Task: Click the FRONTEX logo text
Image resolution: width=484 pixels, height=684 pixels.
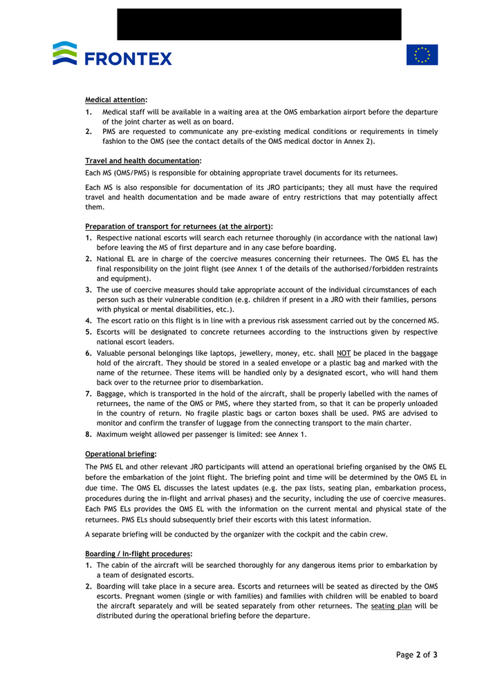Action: pyautogui.click(x=129, y=59)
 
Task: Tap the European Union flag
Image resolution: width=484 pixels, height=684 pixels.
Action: pyautogui.click(x=422, y=55)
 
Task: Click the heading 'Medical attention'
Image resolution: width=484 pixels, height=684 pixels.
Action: pyautogui.click(x=115, y=99)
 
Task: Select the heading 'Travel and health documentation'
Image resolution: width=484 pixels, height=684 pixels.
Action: pyautogui.click(x=143, y=161)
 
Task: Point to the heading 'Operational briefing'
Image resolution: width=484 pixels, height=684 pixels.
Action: pyautogui.click(x=120, y=454)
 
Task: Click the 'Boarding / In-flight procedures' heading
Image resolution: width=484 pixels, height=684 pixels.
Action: pyautogui.click(x=138, y=554)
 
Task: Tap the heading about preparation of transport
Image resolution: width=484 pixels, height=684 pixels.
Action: pyautogui.click(x=178, y=226)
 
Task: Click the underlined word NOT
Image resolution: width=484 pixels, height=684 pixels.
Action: pyautogui.click(x=344, y=353)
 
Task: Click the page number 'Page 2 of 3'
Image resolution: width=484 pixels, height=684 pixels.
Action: pyautogui.click(x=416, y=654)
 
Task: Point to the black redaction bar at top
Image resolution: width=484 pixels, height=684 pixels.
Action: pyautogui.click(x=259, y=24)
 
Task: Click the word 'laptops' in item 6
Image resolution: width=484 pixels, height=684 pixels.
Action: pyautogui.click(x=210, y=353)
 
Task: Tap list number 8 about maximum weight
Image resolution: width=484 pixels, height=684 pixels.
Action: pyautogui.click(x=89, y=435)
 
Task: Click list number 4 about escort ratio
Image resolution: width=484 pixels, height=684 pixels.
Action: pyautogui.click(x=89, y=321)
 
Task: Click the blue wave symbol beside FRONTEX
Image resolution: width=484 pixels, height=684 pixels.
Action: pyautogui.click(x=65, y=53)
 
